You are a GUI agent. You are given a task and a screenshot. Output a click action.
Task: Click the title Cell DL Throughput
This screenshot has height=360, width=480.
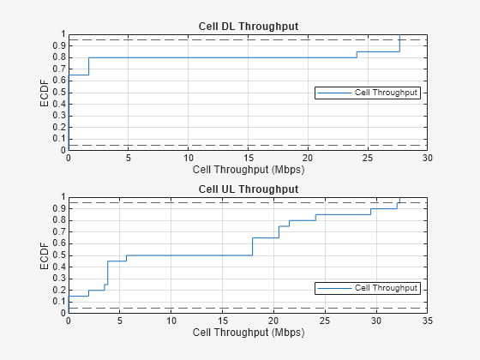[x=249, y=27]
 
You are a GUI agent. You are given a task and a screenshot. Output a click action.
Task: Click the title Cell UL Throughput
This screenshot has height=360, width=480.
[x=249, y=189]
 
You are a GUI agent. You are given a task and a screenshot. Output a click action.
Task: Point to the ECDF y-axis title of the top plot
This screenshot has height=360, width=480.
[x=45, y=92]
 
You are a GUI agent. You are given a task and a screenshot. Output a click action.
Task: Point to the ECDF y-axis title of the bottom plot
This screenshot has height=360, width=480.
[x=45, y=255]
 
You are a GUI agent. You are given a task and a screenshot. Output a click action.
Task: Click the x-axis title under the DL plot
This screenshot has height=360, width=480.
[x=249, y=170]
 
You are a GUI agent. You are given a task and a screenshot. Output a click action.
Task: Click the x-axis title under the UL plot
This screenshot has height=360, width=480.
[x=249, y=333]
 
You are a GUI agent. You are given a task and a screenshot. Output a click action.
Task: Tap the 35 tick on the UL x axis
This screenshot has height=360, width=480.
[x=428, y=321]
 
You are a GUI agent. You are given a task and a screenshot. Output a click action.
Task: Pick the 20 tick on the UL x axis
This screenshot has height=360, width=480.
[x=274, y=321]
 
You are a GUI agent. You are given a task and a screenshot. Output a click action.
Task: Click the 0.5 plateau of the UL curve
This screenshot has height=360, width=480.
[x=189, y=255]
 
